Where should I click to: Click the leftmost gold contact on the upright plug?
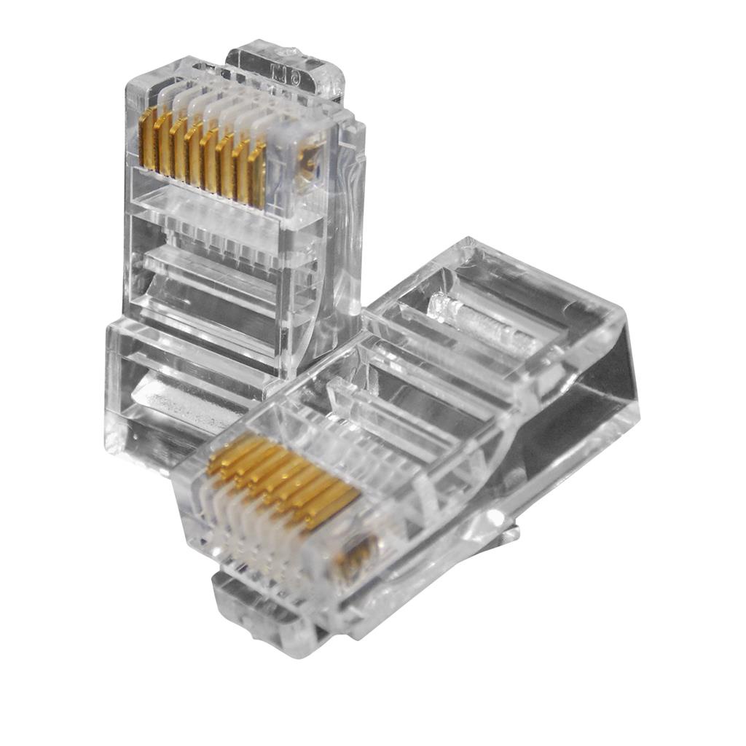tap(147, 138)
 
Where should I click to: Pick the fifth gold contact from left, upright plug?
tap(211, 157)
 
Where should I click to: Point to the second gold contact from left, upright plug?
tap(163, 143)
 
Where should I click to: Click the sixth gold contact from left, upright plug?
tap(227, 162)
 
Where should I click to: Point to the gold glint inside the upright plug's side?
tap(312, 160)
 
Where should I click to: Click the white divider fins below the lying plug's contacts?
tap(255, 525)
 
